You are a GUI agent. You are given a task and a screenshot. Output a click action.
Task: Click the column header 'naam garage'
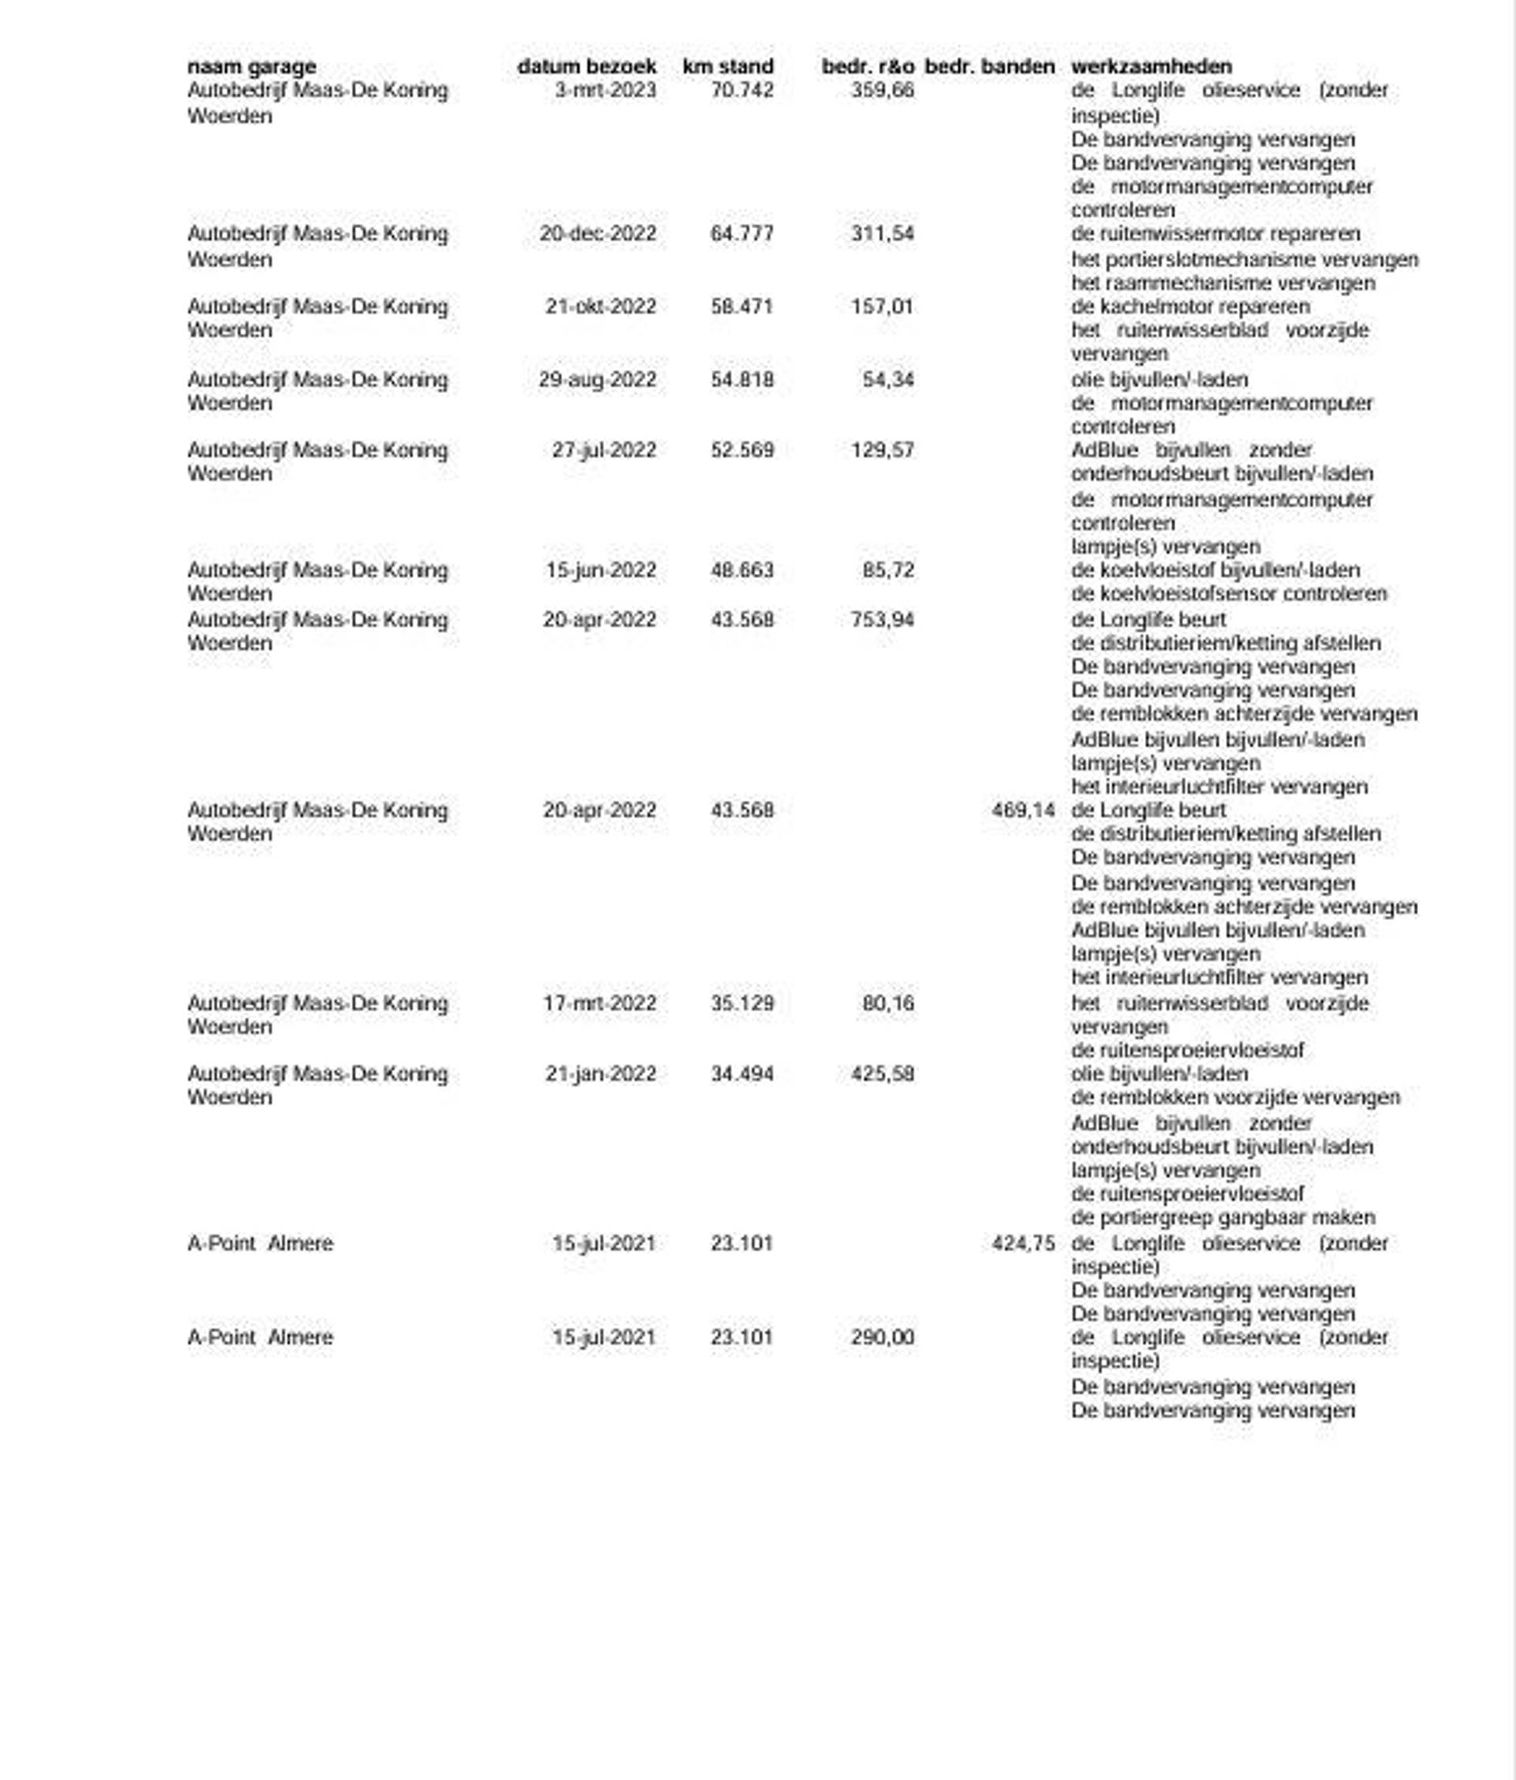tap(252, 66)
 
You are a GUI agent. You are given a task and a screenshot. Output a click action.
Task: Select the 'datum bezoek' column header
tap(587, 66)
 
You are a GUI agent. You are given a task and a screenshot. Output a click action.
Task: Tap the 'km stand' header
tap(727, 66)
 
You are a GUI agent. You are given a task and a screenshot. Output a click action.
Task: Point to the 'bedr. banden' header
tap(989, 66)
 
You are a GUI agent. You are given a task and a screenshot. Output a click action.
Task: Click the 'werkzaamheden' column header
tap(1151, 66)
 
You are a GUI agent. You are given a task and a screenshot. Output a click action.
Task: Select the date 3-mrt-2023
tap(605, 90)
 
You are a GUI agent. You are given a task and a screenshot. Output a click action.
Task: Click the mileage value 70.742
tap(742, 90)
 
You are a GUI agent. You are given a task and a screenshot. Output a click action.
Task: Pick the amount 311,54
tap(882, 234)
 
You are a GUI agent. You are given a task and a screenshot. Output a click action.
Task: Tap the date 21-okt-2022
tap(600, 306)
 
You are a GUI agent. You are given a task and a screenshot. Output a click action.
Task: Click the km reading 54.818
tap(742, 380)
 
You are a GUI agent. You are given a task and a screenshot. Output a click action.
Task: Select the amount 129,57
tap(882, 450)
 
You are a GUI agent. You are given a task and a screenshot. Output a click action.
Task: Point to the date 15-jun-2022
tap(600, 570)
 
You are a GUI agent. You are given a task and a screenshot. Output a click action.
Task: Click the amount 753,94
tap(882, 619)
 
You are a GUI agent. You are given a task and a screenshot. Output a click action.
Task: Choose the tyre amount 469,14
tap(1023, 810)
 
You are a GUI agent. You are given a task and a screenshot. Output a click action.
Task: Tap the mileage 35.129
tap(742, 1004)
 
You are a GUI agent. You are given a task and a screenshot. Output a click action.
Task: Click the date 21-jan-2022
tap(600, 1074)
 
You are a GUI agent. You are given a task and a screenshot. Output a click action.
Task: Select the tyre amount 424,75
tap(1023, 1243)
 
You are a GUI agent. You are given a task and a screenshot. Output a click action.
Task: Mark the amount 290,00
tap(882, 1338)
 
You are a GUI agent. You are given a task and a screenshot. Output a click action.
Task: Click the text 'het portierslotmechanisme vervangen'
tap(1244, 260)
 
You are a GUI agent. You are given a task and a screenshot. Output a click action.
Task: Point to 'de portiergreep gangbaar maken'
tap(1223, 1219)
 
